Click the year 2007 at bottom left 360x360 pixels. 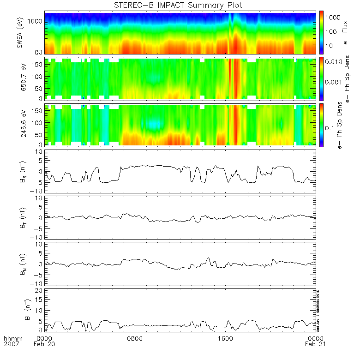pos(11,344)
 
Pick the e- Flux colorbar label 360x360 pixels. pos(345,33)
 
